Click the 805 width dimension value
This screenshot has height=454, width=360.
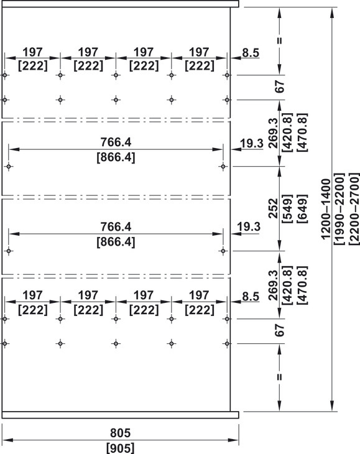coord(120,433)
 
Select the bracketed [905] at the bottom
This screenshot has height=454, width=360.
coord(120,448)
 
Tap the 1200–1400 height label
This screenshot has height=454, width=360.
coord(326,209)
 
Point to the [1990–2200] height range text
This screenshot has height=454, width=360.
coord(339,209)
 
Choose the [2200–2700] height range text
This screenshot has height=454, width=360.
coord(354,209)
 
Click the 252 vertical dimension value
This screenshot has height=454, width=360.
coord(273,208)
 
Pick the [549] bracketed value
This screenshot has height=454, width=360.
coord(287,209)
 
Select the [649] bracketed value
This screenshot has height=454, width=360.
coord(302,209)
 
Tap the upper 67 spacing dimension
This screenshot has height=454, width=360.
coord(280,86)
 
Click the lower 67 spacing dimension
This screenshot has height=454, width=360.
coord(280,330)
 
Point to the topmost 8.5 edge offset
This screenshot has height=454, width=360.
coord(251,53)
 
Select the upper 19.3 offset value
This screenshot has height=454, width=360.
coord(252,143)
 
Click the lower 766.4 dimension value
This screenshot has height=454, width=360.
coord(116,226)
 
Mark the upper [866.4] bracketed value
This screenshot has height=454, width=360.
coord(116,157)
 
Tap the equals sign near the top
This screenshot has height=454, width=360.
coord(279,41)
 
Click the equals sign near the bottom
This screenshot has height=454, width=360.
coord(279,377)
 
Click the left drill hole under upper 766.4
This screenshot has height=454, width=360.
coord(9,167)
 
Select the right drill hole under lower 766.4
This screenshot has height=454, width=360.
coord(223,251)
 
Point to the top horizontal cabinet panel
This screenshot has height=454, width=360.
coord(121,4)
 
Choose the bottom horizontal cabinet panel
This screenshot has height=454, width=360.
coord(121,415)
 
